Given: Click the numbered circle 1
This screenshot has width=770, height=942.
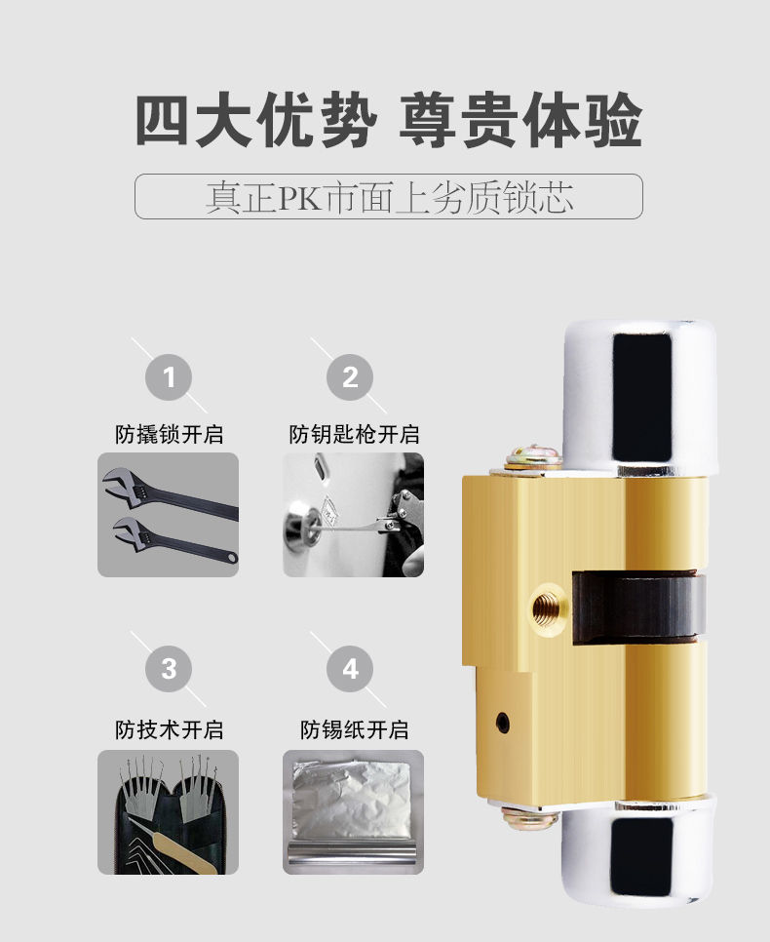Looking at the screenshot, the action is click(169, 377).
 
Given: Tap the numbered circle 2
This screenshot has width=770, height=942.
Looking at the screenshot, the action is click(350, 377).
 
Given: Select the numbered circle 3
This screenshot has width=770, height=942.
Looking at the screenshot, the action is click(169, 669).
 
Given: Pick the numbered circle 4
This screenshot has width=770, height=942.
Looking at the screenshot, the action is click(350, 669).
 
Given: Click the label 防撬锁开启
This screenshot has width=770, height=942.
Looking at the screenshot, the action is click(170, 434).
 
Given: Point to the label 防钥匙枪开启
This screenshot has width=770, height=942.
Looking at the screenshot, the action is click(354, 434).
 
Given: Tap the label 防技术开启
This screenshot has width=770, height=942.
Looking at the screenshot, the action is click(170, 729).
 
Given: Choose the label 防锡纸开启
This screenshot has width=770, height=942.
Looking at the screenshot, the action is click(355, 729).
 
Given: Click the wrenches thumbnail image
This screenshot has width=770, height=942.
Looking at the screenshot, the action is click(169, 515).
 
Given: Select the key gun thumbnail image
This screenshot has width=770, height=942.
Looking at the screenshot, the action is click(353, 515).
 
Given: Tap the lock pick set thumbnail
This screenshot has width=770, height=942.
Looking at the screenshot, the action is click(169, 812).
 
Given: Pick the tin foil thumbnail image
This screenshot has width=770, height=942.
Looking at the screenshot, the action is click(353, 812).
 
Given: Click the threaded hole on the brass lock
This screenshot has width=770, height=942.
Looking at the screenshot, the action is click(549, 609).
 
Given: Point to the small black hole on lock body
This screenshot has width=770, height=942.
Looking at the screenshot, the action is click(502, 723).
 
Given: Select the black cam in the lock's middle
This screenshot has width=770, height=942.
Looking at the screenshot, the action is click(637, 607).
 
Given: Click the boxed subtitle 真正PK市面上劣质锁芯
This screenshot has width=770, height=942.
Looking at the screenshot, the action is click(389, 196).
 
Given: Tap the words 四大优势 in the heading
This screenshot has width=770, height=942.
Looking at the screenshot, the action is click(256, 120).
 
